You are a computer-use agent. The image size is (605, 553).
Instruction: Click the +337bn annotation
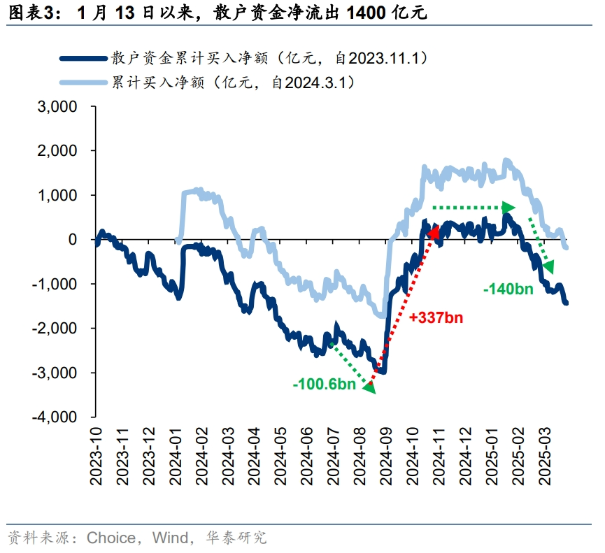coord(436,318)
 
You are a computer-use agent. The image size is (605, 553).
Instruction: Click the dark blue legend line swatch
coord(83,59)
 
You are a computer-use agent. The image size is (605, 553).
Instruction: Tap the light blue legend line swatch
coord(83,82)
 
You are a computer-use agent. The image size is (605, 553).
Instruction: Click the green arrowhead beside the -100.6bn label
coord(369,387)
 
